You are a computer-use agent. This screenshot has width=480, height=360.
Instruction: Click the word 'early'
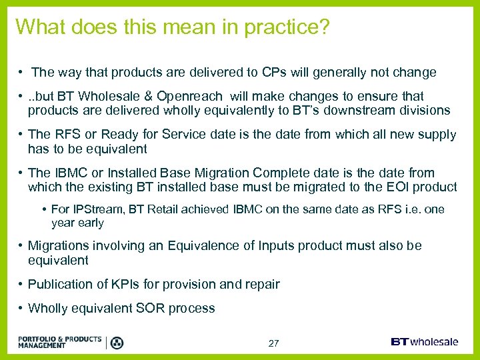(90, 223)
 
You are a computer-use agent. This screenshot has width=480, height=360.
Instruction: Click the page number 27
(273, 343)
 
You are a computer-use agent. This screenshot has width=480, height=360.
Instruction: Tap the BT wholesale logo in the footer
(425, 342)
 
